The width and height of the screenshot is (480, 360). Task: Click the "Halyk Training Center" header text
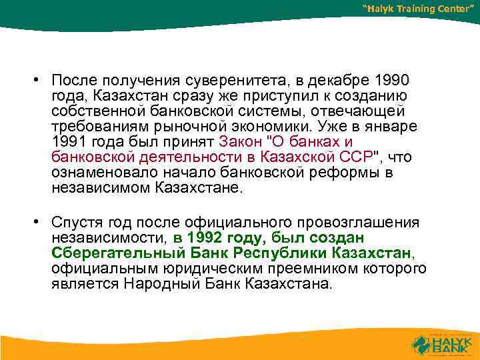[x=417, y=9]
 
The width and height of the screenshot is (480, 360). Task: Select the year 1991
[x=68, y=142]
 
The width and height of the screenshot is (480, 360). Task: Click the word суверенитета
[x=237, y=81]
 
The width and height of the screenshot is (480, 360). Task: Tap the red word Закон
[x=243, y=142]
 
